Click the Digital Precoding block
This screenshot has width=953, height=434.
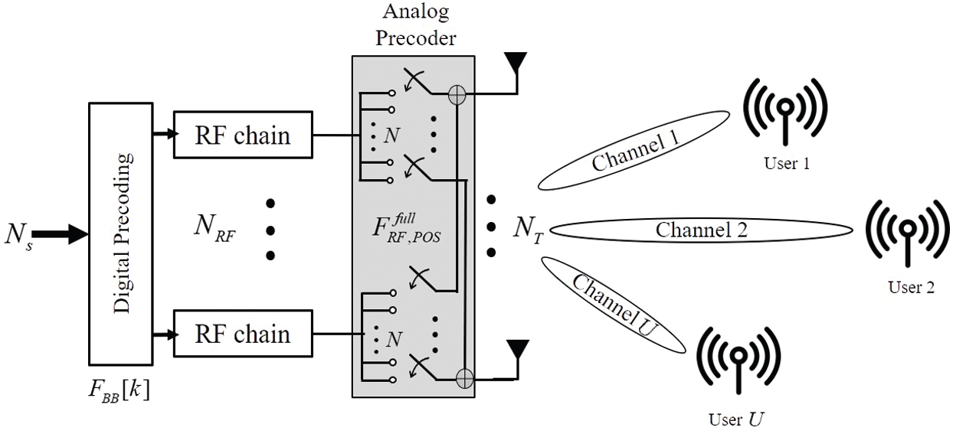[x=123, y=233]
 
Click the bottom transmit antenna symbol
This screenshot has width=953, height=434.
[x=519, y=354]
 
